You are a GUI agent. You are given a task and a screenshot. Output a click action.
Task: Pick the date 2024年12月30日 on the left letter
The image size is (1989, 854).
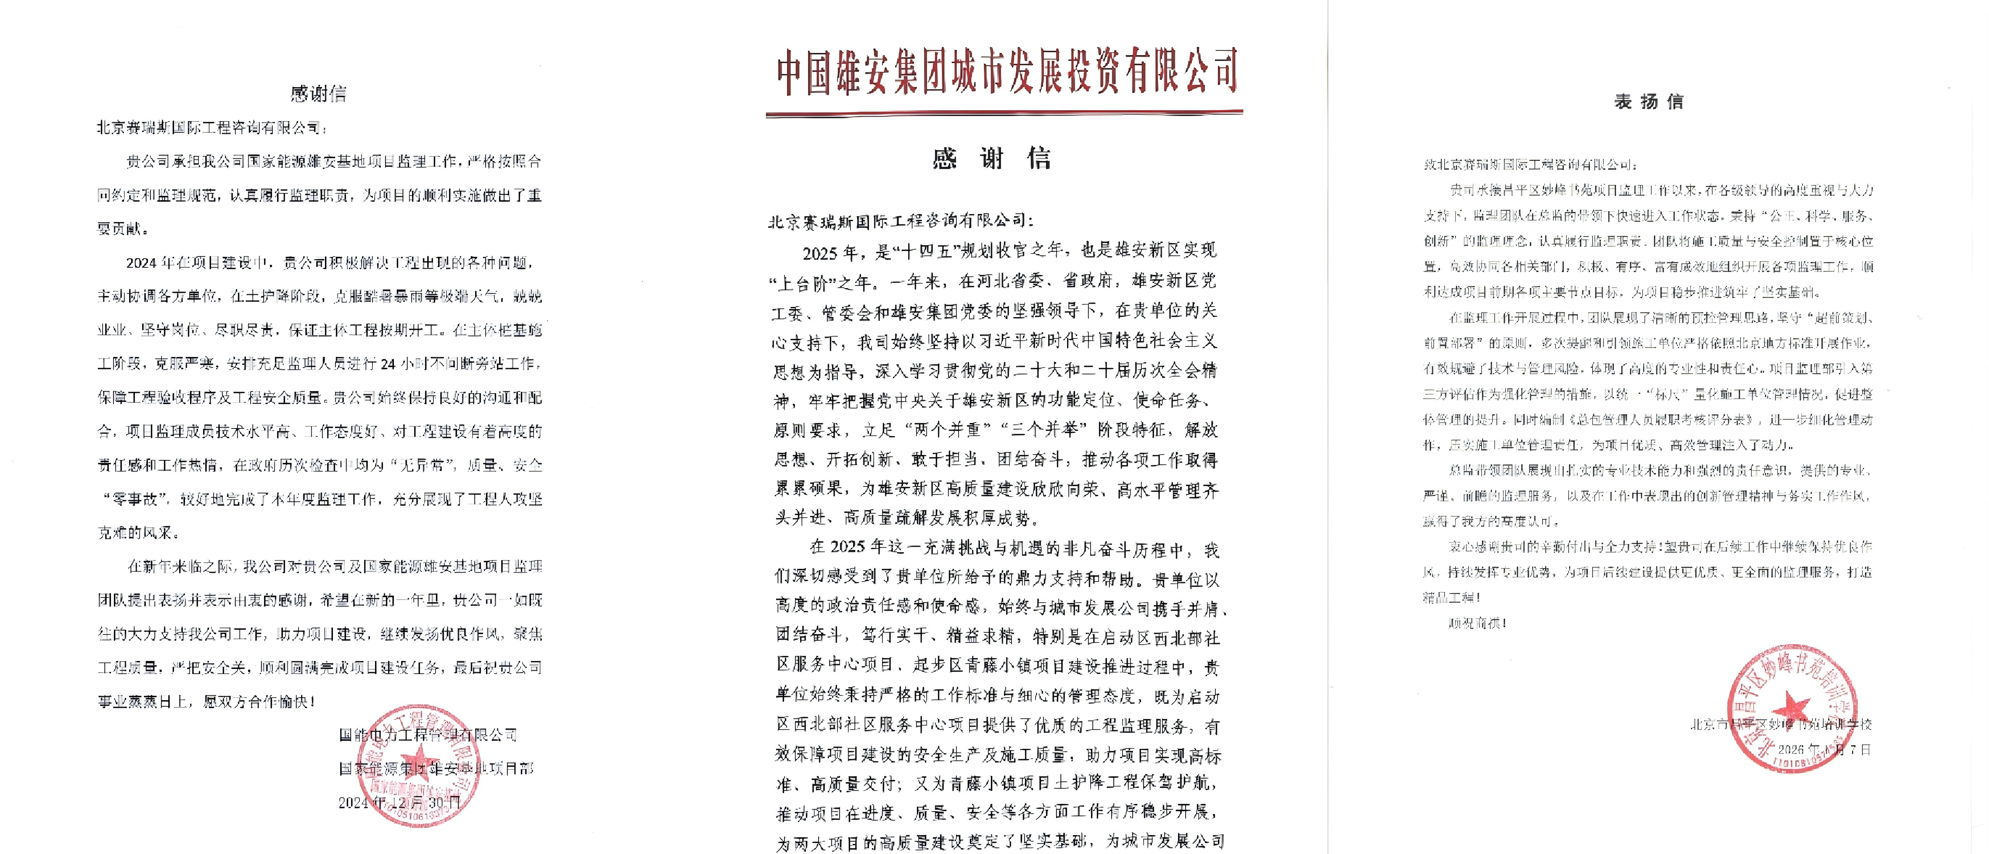click(399, 802)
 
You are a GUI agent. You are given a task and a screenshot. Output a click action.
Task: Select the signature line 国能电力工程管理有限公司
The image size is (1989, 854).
click(428, 734)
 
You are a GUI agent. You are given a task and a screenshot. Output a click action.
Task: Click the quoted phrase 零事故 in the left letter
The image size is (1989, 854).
click(135, 499)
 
